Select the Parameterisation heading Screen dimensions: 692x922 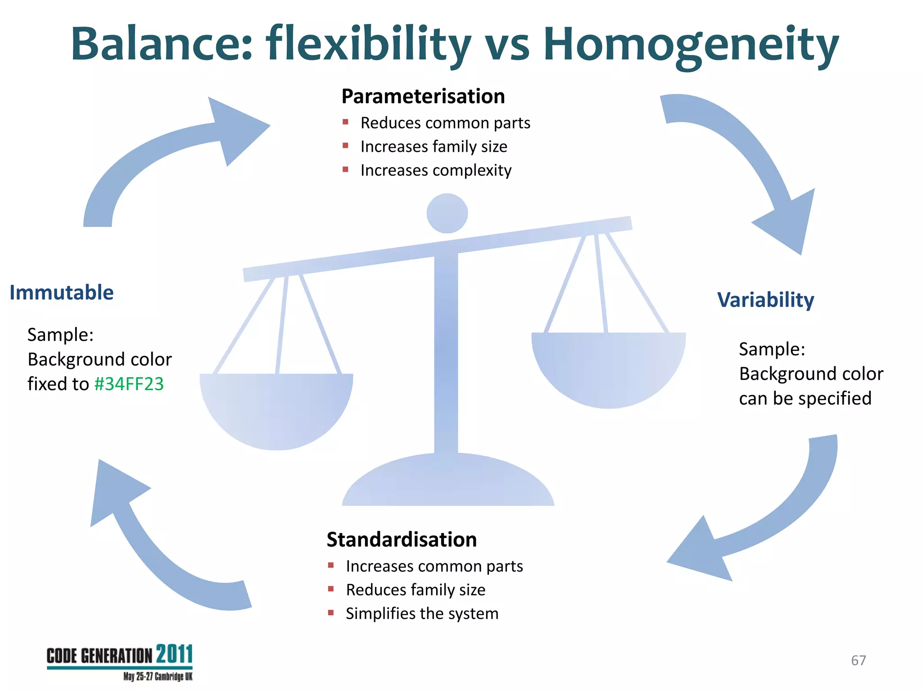pos(423,96)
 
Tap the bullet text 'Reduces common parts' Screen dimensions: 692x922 pos(445,123)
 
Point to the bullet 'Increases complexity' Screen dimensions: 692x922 pos(436,170)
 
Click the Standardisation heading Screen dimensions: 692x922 pos(402,540)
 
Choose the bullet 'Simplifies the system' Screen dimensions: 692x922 pos(422,614)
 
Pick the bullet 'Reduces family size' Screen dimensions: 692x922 pos(416,590)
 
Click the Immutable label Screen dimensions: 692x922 pos(62,293)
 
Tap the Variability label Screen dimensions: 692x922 pos(765,300)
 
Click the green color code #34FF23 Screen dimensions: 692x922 pos(129,384)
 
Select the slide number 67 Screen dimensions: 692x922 pos(858,660)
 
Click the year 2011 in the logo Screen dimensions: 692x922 pos(175,654)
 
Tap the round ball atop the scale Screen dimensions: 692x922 pos(447,213)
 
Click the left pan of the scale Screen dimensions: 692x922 pos(276,410)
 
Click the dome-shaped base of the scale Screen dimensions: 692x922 pos(448,482)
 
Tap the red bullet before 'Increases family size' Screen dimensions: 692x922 pos(345,146)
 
